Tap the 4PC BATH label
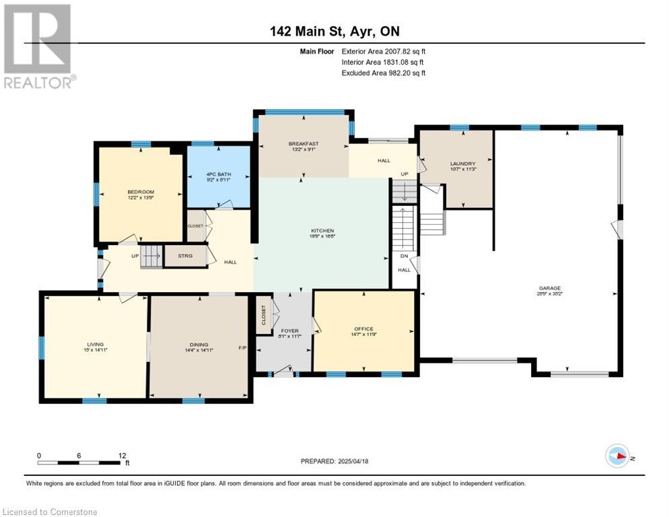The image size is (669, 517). (218, 174)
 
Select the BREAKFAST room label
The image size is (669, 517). (303, 144)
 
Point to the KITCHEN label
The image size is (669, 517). (322, 230)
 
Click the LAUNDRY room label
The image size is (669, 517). (462, 164)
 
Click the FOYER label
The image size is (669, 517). (289, 331)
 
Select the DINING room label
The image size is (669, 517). (199, 343)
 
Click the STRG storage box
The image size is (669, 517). (185, 256)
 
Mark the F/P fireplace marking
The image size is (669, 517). (243, 348)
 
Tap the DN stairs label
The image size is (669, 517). (404, 256)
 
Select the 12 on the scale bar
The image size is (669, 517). (122, 456)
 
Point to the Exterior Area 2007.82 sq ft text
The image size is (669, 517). (384, 51)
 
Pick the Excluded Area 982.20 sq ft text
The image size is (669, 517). (384, 73)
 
